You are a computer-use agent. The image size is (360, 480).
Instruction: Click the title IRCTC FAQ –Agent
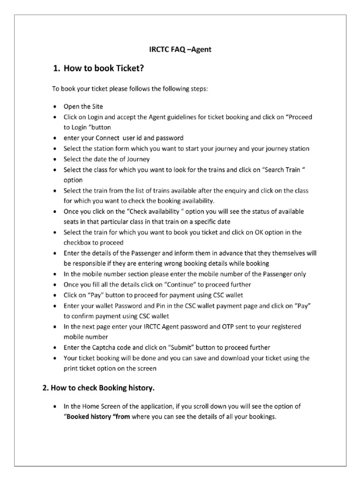180,49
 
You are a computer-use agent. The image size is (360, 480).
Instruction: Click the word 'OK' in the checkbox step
257,232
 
